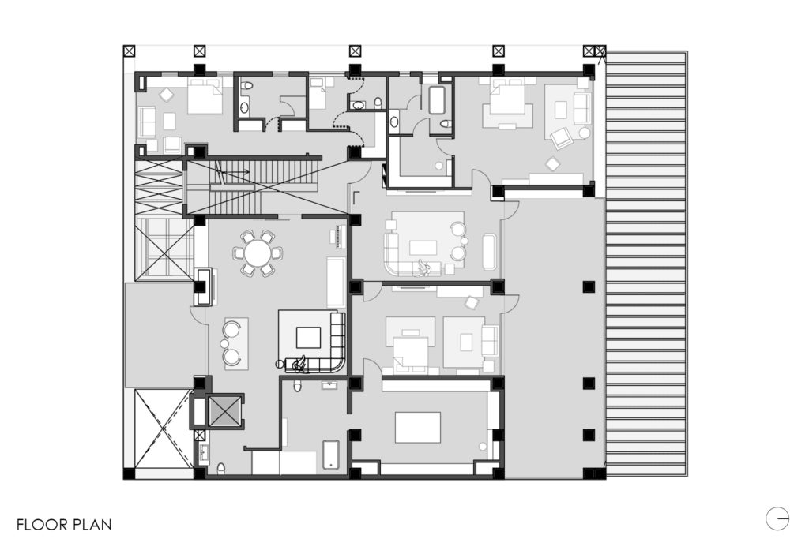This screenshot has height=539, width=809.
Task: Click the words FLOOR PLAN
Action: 64,525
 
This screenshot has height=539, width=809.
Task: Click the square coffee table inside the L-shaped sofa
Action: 308,338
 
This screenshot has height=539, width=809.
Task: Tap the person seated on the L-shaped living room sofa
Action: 298,364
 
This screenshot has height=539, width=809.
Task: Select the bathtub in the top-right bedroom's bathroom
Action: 436,100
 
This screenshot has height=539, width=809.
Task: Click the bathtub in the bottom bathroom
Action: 331,455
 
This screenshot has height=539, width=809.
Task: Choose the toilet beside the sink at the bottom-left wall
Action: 221,469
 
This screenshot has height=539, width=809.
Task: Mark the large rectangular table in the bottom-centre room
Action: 418,427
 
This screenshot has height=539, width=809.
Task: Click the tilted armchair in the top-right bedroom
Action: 560,137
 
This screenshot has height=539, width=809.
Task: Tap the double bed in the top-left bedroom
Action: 205,96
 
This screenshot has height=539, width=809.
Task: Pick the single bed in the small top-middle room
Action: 317,93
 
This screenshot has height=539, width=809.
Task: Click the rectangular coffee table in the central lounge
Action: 423,248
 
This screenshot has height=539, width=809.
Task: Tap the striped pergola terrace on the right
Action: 646,264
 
